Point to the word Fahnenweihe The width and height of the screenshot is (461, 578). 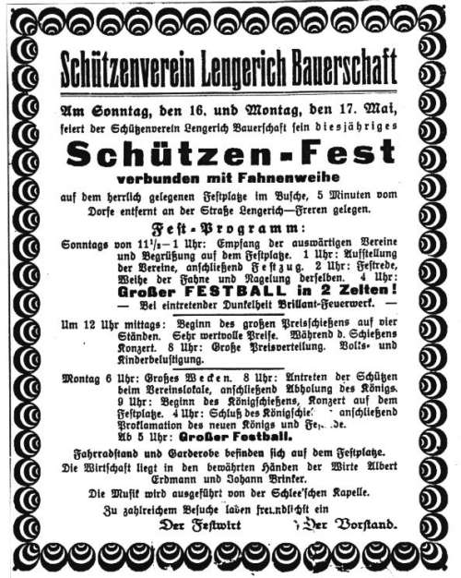pos(281,176)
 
